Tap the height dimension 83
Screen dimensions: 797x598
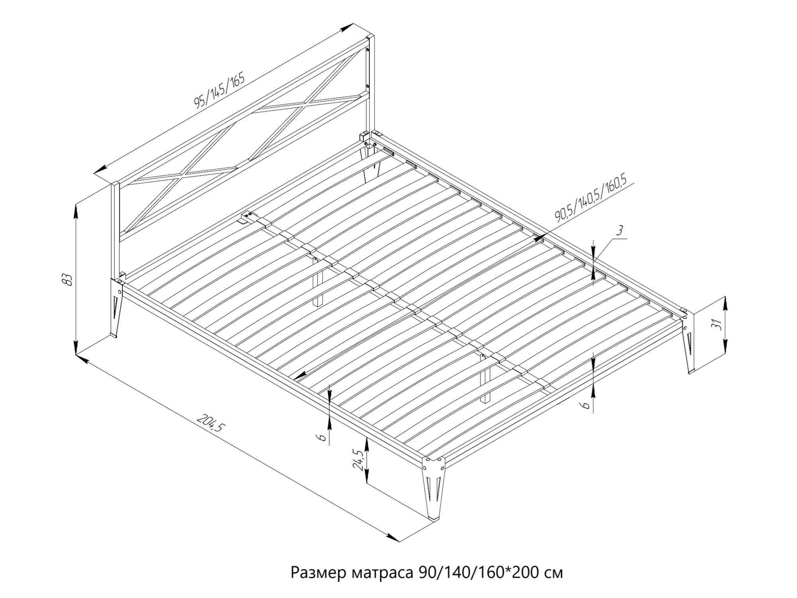click(68, 279)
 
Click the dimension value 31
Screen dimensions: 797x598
click(717, 325)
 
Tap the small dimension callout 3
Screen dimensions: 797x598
click(620, 230)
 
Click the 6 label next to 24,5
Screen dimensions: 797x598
click(322, 437)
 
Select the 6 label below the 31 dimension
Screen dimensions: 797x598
click(585, 405)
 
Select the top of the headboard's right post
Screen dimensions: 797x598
click(371, 37)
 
